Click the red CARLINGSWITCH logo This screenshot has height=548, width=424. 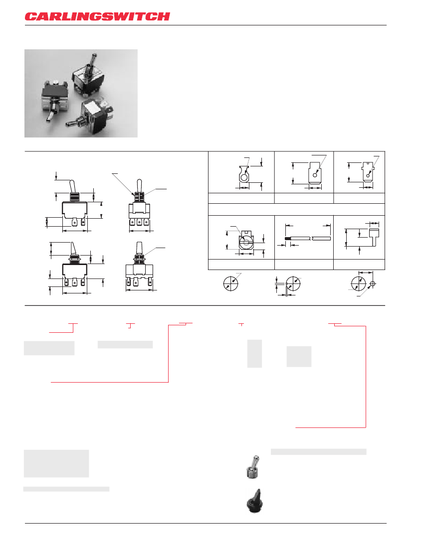click(x=97, y=16)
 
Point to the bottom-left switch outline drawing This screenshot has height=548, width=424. click(x=75, y=269)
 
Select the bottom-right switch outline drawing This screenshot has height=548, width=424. click(x=139, y=272)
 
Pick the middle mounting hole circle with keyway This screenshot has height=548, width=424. click(x=293, y=283)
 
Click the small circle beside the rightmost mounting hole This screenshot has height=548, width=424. click(x=373, y=284)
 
